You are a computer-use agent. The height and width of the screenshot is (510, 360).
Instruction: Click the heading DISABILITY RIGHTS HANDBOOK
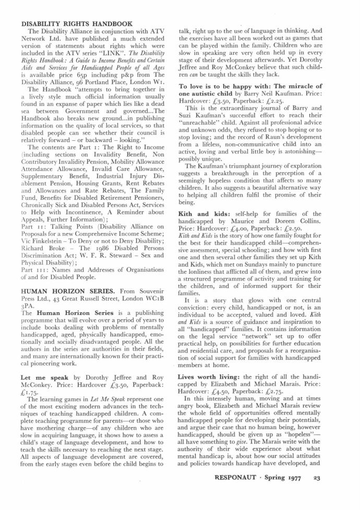click(x=76, y=24)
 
